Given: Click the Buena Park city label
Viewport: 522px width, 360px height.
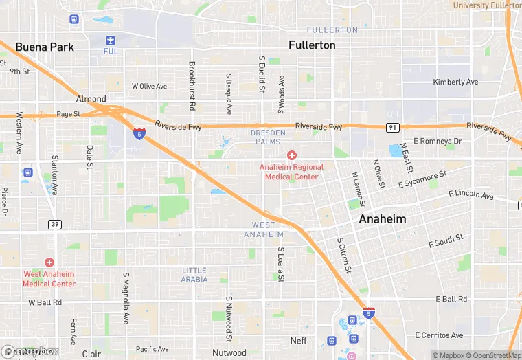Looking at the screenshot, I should coord(44,47).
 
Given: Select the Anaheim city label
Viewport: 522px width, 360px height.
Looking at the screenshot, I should coord(382,219).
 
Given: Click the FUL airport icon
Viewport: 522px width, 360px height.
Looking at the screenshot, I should coord(111,41).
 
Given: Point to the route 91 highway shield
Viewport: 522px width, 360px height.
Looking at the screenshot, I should coord(391,127).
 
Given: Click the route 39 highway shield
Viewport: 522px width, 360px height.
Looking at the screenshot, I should coord(54,224).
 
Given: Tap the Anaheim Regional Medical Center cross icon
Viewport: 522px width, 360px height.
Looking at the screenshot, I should coord(292,156).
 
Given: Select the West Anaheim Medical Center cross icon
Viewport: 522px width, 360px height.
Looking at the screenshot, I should coord(49,262).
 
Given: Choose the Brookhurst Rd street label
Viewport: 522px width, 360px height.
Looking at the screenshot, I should coord(192,87).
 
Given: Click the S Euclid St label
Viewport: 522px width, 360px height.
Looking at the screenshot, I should coord(262,76).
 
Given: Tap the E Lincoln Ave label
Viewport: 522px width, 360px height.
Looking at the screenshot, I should coord(470,196).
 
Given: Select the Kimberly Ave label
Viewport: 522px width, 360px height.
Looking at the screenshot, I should coord(455,82).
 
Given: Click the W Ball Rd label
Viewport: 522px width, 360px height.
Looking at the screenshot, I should coord(45,302).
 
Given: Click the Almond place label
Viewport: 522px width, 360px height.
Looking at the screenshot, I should coord(91,99).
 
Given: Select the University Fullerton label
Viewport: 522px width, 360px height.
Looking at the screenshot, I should coord(487,5).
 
